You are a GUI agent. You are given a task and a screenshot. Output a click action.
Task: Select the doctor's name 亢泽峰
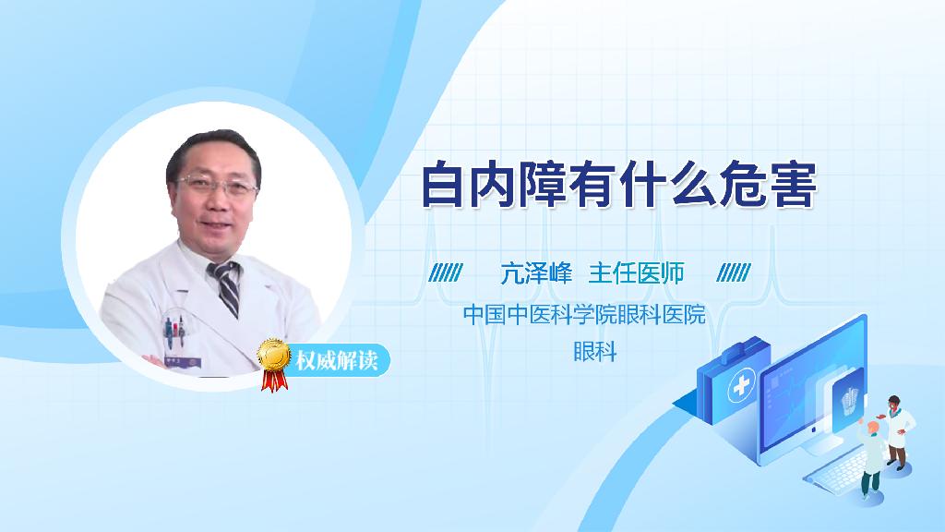(x=536, y=273)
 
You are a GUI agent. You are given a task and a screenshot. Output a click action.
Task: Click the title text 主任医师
(x=636, y=273)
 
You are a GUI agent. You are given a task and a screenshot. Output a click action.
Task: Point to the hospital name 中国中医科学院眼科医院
(x=583, y=315)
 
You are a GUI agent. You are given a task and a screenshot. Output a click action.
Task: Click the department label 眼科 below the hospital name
(x=594, y=352)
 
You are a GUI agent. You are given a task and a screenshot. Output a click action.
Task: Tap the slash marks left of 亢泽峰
(x=446, y=273)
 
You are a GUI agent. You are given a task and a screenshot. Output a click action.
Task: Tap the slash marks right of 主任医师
(x=734, y=273)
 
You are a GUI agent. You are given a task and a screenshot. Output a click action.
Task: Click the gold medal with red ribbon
(x=273, y=361)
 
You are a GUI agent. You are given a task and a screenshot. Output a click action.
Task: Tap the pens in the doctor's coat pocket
(x=173, y=329)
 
